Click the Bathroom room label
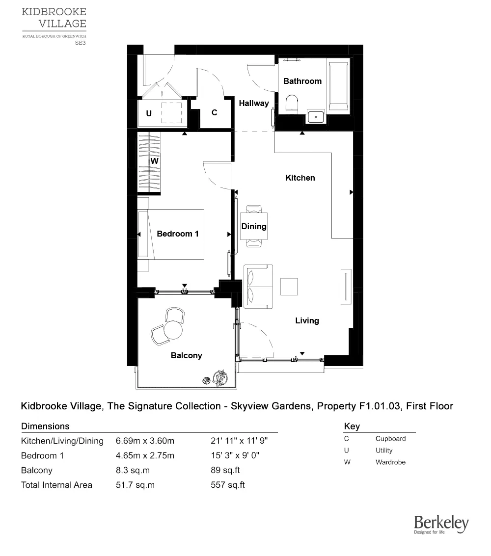pos(302,81)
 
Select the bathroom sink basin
pos(315,117)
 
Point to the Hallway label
pos(254,103)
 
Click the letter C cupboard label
pos(214,113)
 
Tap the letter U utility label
pos(148,114)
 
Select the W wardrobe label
pos(154,161)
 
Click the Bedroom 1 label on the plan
pos(177,234)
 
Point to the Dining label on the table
pos(254,226)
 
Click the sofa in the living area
pos(258,287)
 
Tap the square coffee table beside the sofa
pos(289,287)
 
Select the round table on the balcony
pos(173,330)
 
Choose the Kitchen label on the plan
pos(300,178)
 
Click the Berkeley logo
pos(441,525)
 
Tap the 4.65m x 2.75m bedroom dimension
pos(145,455)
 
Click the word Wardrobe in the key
pos(390,462)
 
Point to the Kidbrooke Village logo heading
pos(54,18)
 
